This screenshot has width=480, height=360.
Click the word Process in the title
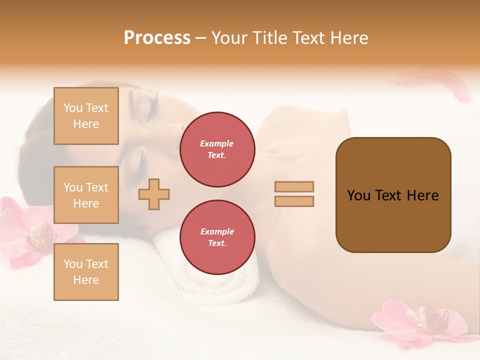coord(157,38)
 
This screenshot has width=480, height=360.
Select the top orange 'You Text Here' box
coord(86,116)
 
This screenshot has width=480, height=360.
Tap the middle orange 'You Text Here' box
coord(86,195)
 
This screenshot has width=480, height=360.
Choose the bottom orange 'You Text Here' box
coord(86,271)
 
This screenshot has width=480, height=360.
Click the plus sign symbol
coord(154,194)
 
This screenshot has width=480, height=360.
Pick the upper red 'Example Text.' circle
coord(217,149)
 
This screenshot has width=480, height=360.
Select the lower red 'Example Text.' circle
coord(217,237)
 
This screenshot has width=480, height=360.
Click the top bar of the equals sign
coord(294,186)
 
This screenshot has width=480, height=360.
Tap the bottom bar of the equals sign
coord(294,201)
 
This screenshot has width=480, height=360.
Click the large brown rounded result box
coord(393,194)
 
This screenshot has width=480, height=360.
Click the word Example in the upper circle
coord(217,143)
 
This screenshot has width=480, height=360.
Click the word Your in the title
coord(229,38)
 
